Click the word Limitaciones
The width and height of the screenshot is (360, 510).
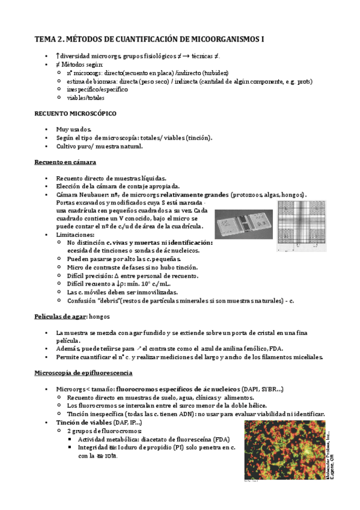point(75,234)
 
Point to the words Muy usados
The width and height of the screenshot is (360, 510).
point(73,129)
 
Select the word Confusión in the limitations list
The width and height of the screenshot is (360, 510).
point(82,300)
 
